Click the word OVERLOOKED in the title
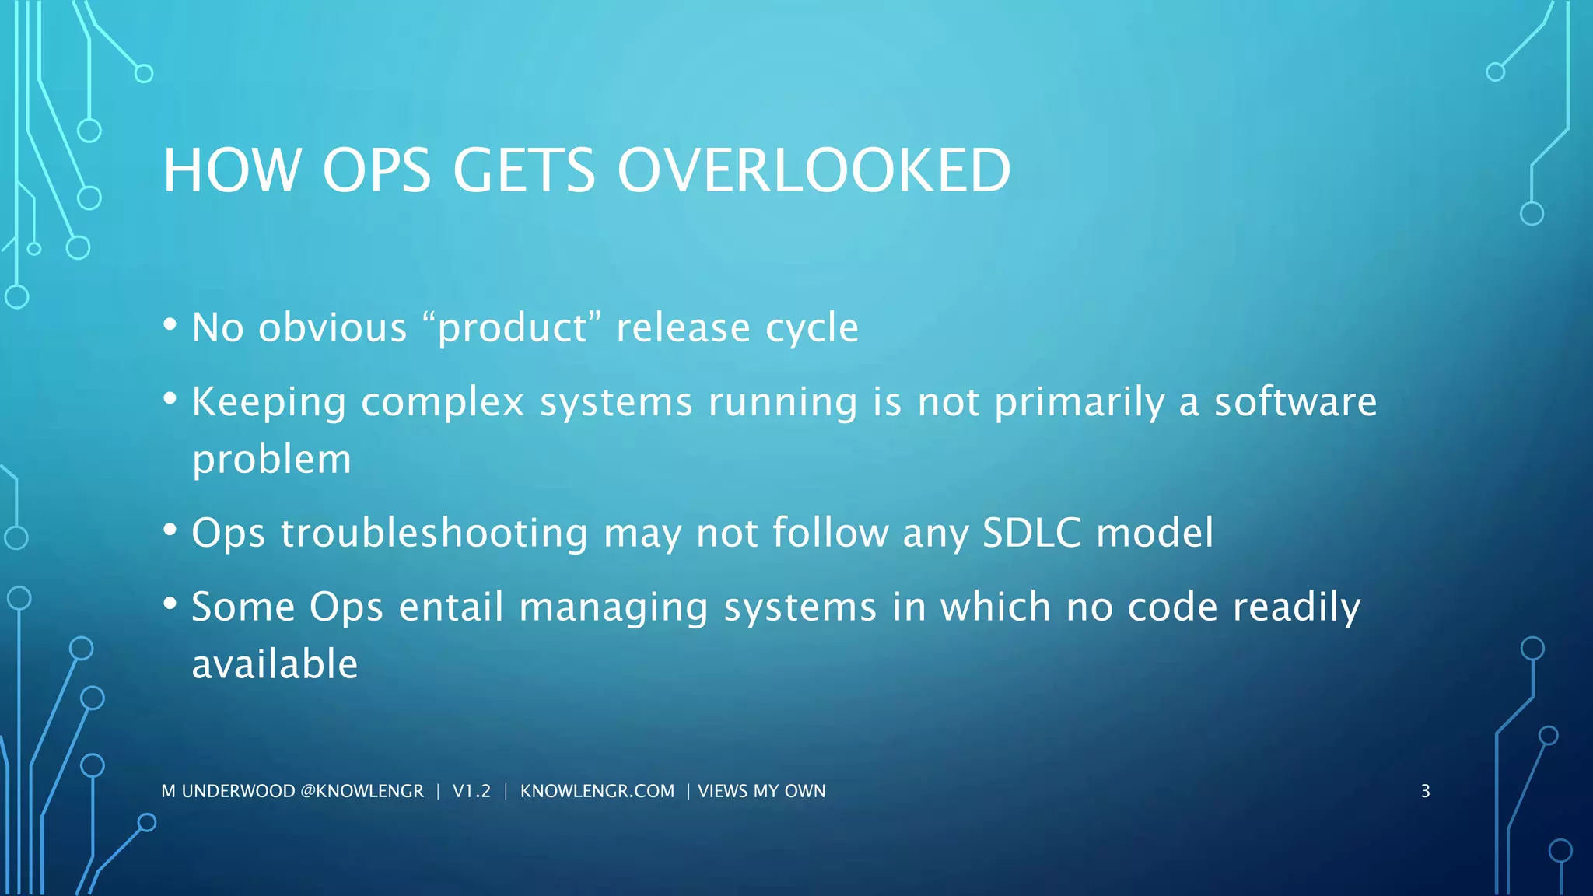click(814, 170)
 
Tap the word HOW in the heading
click(232, 170)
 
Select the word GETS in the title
click(523, 170)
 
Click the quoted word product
click(513, 328)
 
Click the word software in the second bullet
click(1295, 401)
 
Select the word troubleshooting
click(434, 534)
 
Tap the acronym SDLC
click(1031, 534)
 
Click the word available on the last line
click(275, 664)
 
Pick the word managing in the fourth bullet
click(614, 608)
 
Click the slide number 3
click(1425, 791)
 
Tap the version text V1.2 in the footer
click(471, 791)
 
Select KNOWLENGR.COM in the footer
click(597, 791)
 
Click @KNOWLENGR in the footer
click(362, 791)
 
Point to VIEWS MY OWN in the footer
click(761, 791)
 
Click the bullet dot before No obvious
click(170, 324)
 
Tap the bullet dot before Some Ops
click(170, 604)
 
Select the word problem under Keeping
click(271, 460)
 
